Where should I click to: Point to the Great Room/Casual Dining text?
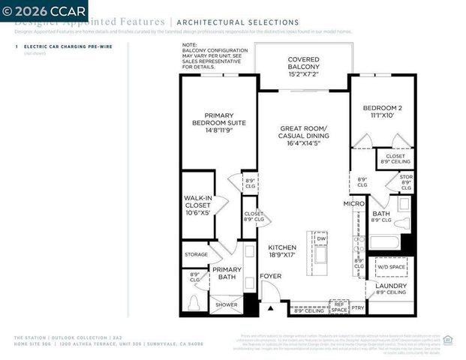click(x=303, y=135)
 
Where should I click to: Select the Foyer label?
click(x=271, y=276)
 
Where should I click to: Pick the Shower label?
click(x=225, y=305)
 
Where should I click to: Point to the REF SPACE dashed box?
click(x=339, y=306)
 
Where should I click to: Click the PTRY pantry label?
click(x=357, y=307)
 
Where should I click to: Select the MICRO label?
click(x=353, y=203)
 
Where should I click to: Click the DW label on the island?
click(x=320, y=238)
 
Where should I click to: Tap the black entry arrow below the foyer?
click(x=271, y=307)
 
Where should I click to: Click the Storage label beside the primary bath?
click(x=196, y=254)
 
